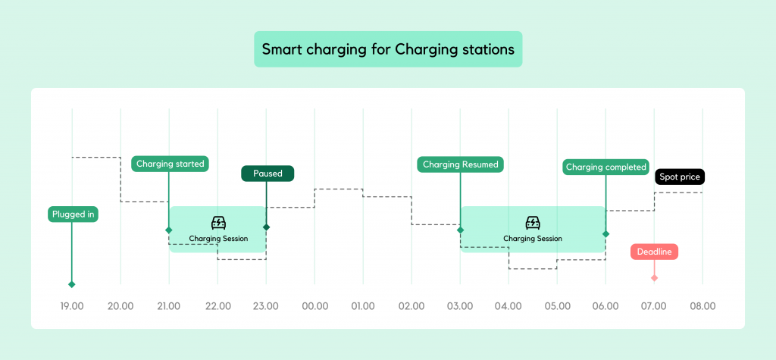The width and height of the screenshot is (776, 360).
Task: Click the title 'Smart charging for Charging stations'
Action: (388, 49)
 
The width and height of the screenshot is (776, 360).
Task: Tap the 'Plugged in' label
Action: (73, 214)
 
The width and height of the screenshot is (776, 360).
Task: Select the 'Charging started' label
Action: (170, 164)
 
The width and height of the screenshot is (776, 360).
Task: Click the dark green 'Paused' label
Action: (268, 174)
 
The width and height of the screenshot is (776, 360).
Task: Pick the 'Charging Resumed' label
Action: (460, 164)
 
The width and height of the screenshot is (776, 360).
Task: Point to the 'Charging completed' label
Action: (606, 167)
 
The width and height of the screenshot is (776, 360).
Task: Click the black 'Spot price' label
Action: (680, 177)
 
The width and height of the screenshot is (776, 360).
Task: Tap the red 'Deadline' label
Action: (654, 252)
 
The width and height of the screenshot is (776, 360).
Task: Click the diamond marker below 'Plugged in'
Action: (72, 284)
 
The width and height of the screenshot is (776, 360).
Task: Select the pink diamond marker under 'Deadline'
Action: (654, 278)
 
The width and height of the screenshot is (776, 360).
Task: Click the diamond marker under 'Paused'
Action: (266, 227)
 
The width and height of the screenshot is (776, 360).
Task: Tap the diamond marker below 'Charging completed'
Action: (605, 233)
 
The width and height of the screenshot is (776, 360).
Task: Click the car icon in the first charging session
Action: (218, 223)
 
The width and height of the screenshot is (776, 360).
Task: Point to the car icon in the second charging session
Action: (533, 223)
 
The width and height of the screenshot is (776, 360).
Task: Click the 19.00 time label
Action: (72, 306)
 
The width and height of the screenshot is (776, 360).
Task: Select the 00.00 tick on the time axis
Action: (314, 306)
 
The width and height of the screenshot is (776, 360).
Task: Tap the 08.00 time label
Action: (702, 306)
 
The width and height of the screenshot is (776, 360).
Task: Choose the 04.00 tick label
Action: (508, 306)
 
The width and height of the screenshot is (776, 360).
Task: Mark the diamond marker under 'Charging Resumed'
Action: (460, 230)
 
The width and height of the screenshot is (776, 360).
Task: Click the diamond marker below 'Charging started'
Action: (169, 230)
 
